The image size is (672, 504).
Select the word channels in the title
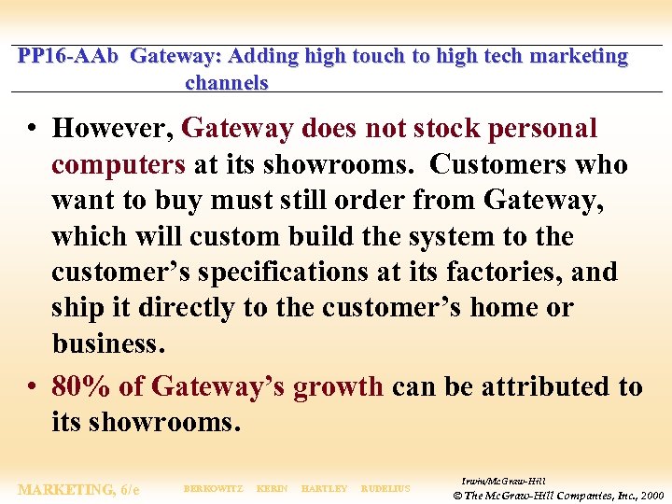[x=227, y=82]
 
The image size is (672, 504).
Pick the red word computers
[x=119, y=165]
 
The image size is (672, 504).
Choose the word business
[x=108, y=343]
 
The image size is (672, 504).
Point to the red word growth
[x=338, y=386]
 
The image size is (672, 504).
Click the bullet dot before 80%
[x=33, y=386]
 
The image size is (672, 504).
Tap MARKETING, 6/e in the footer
[x=78, y=489]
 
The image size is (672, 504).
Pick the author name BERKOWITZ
[x=214, y=489]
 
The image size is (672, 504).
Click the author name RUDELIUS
[x=385, y=489]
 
